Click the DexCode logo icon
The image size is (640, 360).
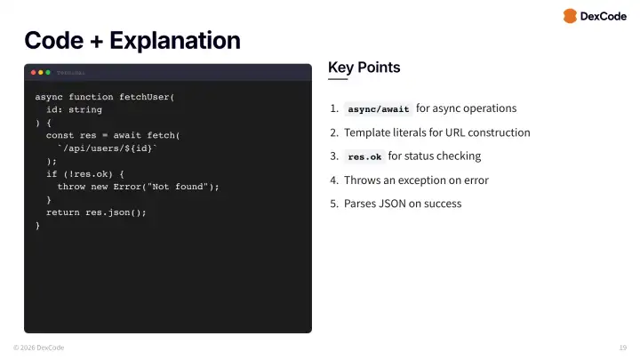[569, 16]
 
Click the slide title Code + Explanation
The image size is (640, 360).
[132, 40]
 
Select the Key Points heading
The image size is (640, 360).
[364, 68]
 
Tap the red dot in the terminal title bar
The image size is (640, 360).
[34, 72]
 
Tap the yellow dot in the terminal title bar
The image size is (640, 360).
[41, 72]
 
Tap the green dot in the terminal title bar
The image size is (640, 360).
[48, 72]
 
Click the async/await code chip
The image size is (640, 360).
[379, 109]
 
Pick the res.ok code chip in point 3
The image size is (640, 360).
[364, 156]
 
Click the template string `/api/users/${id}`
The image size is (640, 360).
[108, 148]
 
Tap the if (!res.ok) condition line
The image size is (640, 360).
[85, 173]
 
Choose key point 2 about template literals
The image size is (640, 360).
[436, 132]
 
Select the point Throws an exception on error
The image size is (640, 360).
[416, 180]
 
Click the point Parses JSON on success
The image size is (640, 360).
[403, 204]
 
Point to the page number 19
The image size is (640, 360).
[622, 347]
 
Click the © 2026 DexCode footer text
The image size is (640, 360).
[38, 347]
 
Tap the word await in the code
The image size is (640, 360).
[127, 135]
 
